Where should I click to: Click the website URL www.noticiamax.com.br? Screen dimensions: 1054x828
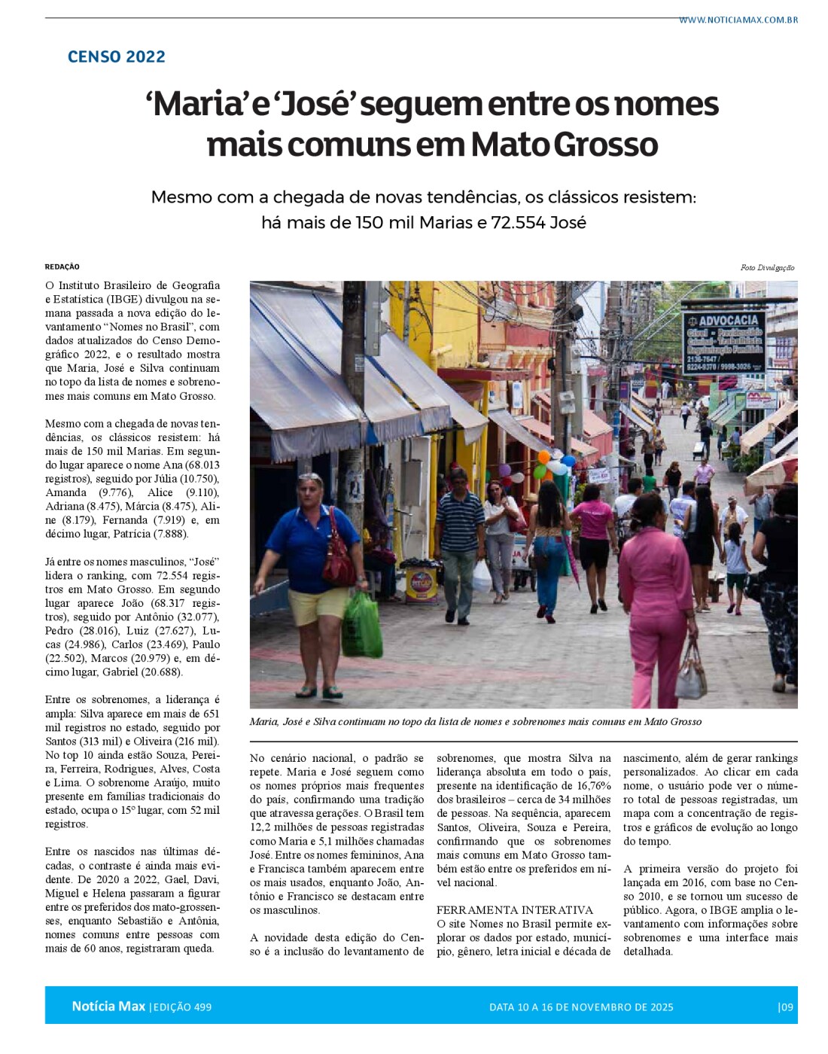[x=738, y=20]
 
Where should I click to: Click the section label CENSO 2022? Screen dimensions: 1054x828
[x=117, y=56]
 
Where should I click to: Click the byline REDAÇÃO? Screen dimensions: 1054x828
[x=62, y=267]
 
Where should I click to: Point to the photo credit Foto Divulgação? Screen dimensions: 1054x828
[x=767, y=268]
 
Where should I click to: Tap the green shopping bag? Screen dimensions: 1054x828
[x=362, y=625]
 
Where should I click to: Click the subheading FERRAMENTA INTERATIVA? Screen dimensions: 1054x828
[x=515, y=910]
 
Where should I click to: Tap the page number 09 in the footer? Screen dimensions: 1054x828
[x=786, y=1007]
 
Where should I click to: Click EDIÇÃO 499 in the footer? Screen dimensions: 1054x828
[x=181, y=1007]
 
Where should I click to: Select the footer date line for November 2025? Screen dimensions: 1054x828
[x=581, y=1007]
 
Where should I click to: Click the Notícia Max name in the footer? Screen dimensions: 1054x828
[x=108, y=1007]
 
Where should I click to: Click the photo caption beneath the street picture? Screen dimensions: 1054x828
[x=476, y=722]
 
